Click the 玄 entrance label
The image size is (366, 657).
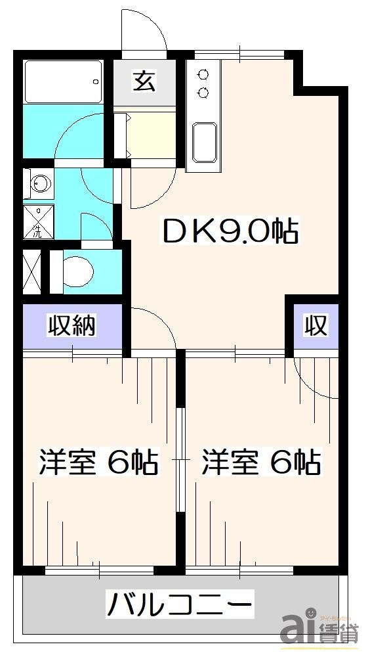pyautogui.click(x=144, y=81)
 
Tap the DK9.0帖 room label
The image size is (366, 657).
pyautogui.click(x=230, y=231)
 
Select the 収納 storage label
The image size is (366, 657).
pyautogui.click(x=72, y=326)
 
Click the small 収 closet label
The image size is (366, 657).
pyautogui.click(x=315, y=325)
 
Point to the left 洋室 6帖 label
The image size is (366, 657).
pyautogui.click(x=98, y=462)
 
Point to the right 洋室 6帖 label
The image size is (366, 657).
pyautogui.click(x=260, y=462)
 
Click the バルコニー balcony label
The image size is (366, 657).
pyautogui.click(x=180, y=603)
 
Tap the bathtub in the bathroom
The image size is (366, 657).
pyautogui.click(x=62, y=81)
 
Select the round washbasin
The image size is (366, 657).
pyautogui.click(x=39, y=184)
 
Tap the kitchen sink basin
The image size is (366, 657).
pyautogui.click(x=205, y=142)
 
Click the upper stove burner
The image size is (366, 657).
pyautogui.click(x=202, y=74)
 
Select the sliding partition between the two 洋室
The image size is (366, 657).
pyautogui.click(x=180, y=460)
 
